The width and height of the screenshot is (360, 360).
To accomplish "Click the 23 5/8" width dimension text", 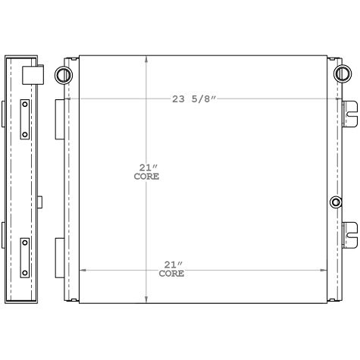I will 194,99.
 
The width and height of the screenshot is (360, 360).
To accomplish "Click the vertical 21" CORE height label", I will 146,172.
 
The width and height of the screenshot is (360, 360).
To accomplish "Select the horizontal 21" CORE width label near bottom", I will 171,269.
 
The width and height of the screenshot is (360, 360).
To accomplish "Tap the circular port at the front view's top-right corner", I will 343,74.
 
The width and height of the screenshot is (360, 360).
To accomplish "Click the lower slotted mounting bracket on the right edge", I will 349,234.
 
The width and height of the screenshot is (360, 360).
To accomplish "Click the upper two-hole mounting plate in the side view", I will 25,119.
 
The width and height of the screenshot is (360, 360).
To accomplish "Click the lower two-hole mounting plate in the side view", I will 25,257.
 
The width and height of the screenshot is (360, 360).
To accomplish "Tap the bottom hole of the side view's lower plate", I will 25,271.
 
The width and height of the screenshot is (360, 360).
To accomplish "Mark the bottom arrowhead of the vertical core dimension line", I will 146,301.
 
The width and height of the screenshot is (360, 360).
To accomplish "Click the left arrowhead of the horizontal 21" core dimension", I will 82,269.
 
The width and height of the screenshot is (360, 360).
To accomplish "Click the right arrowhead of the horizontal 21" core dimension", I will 325,269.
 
